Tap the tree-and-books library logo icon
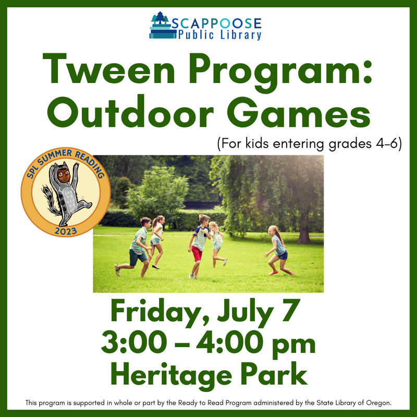click(162, 26)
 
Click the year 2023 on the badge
click(65, 229)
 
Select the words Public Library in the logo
click(219, 35)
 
